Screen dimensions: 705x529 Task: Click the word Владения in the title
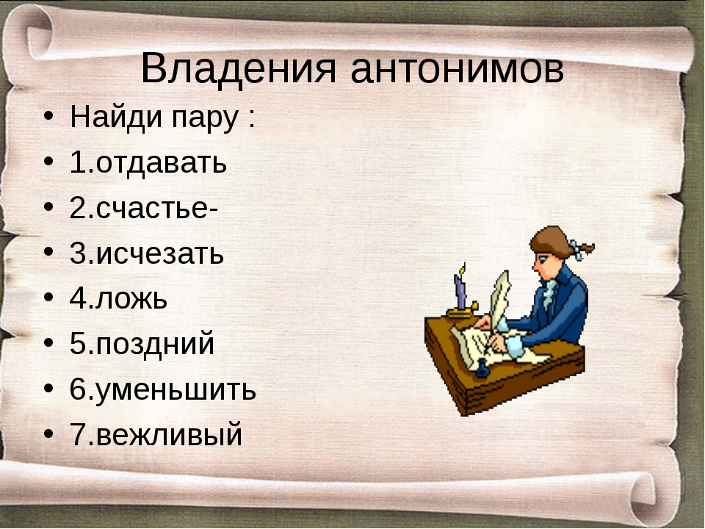coord(238,69)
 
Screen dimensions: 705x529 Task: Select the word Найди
coord(115,117)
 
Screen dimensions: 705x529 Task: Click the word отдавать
coord(161,163)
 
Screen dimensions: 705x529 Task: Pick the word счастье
coord(152,209)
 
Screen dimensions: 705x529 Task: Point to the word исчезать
coord(159,254)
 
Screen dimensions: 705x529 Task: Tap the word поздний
coord(155,344)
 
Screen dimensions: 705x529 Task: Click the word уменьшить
coord(176,389)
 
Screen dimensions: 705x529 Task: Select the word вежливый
coord(169,435)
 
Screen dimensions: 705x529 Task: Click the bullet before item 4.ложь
coord(48,297)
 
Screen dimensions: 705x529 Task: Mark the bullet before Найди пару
coord(48,115)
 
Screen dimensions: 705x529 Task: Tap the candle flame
coord(462,269)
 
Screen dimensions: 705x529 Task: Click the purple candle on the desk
coord(460,292)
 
